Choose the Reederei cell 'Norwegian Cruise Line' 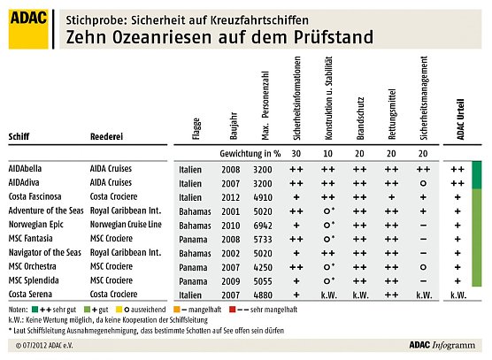134,224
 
